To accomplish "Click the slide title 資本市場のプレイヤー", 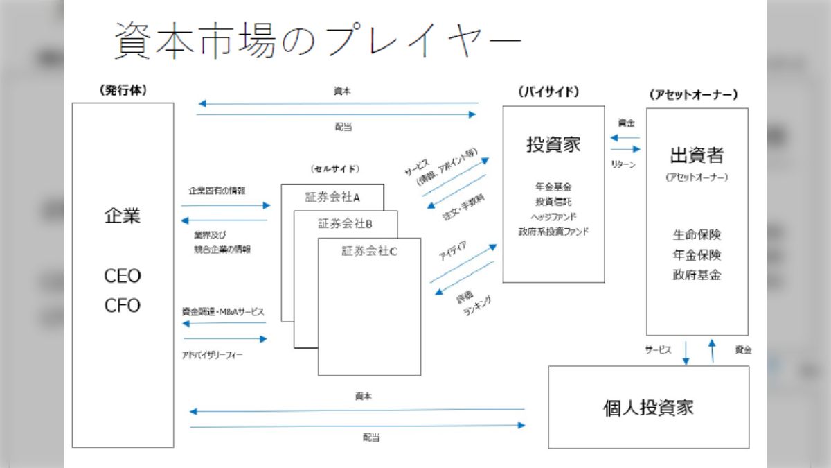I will [316, 40].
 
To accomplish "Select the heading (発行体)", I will [123, 90].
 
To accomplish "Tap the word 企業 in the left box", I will [123, 216].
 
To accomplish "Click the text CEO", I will [123, 276].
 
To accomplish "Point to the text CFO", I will [123, 306].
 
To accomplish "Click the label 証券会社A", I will [332, 197].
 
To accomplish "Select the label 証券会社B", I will [346, 223].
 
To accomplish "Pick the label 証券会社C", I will [369, 251].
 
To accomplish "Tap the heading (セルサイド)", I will [335, 168].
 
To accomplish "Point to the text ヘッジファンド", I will [553, 216].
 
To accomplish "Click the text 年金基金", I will [553, 187].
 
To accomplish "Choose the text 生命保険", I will [697, 234].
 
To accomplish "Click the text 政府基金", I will [697, 275].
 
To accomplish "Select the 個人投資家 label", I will [648, 407].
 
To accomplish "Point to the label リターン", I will [623, 165].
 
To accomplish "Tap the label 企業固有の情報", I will [217, 190].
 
